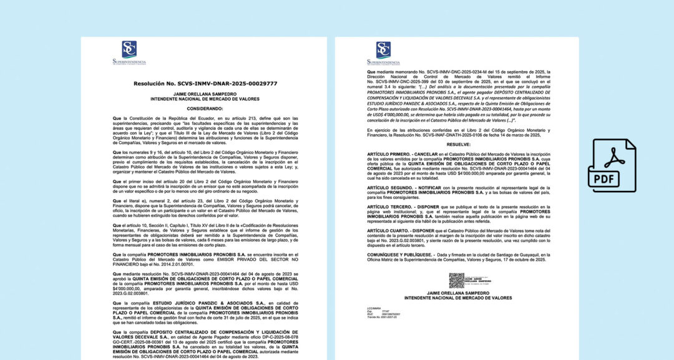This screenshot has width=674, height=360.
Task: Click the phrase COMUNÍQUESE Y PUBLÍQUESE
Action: point(399,255)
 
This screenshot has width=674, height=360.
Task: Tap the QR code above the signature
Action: point(457,281)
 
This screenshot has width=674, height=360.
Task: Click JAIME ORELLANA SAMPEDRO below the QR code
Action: point(457,293)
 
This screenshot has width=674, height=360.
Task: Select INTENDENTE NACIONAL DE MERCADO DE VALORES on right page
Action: point(457,298)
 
